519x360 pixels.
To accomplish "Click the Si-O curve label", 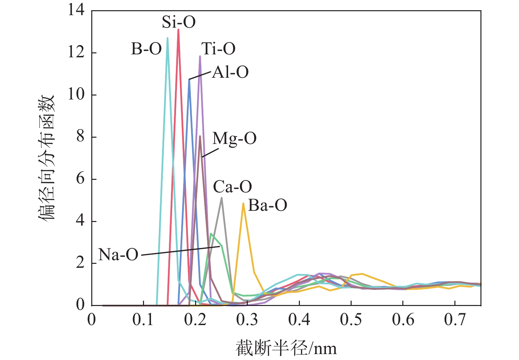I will pos(179,22).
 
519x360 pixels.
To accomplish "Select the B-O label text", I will pos(146,49).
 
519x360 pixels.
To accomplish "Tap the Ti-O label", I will pos(218,49).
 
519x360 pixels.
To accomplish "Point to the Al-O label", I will pos(230,72).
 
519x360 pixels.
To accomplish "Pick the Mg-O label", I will pos(234,139).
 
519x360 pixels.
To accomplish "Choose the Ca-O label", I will pos(232,187).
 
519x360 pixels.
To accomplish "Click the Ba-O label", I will pos(267,206).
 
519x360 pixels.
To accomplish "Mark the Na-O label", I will pos(118,255).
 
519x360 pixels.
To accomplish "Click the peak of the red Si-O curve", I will pos(178,30).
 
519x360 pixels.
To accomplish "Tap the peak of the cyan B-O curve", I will pos(167,38).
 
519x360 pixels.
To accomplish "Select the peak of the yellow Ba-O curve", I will pos(243,204).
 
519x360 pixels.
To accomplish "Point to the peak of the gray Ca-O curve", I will pos(221,198).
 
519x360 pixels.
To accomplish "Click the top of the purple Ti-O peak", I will pos(200,56).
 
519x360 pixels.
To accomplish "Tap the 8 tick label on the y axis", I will pos(80,137).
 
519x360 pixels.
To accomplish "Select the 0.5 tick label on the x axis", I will pos(351,319).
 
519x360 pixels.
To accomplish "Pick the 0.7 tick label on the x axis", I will pos(455,319).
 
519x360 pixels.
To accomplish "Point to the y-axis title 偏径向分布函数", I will pos(46,158).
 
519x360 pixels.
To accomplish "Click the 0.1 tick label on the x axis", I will pos(143,319).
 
